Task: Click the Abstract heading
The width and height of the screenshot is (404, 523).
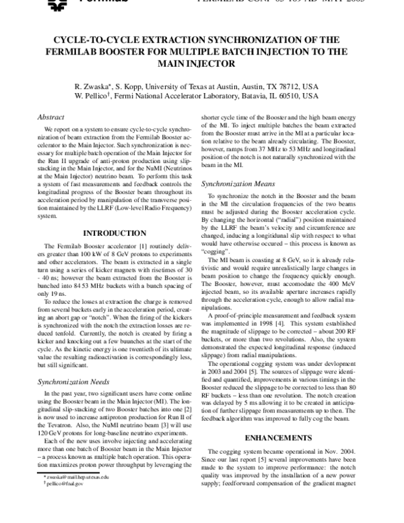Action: pos(50,116)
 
